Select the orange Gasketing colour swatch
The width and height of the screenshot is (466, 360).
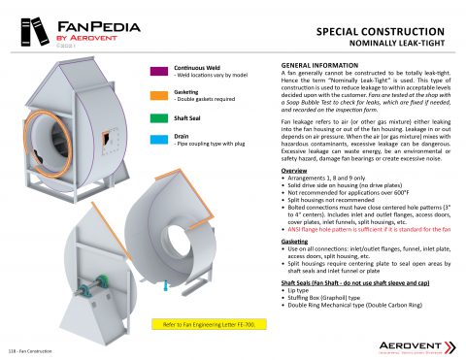(160, 94)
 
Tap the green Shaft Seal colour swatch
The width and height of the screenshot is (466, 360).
(160, 118)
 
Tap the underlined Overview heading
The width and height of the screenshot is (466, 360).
(294, 169)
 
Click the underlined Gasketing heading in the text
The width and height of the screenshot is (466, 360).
(295, 239)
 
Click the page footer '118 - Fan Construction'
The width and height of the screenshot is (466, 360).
(30, 350)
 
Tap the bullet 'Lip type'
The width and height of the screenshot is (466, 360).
(300, 290)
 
